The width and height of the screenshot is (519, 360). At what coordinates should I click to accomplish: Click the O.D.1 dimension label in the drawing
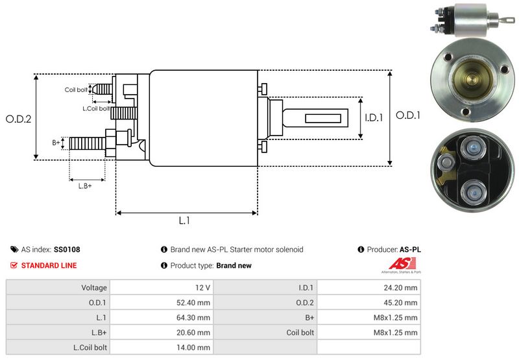coord(409,115)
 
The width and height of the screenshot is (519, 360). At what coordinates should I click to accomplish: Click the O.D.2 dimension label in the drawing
coord(18,119)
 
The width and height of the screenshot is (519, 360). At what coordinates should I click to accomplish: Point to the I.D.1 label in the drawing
coord(374,118)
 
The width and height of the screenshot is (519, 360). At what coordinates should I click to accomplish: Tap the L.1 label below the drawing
coord(184,221)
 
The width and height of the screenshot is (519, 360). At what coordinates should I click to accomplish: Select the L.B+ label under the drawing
coord(85,186)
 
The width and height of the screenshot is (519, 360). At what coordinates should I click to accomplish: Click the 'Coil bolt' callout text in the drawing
coord(76,90)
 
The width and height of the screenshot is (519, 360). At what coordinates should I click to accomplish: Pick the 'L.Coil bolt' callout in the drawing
coord(96,108)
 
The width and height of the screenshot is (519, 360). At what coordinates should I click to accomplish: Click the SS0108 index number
coord(67,249)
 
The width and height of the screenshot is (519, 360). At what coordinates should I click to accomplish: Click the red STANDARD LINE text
coord(49,265)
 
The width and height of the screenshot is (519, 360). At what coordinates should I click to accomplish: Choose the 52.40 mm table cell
coord(194,302)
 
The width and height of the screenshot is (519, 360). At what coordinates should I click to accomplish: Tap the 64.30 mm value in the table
coord(194,318)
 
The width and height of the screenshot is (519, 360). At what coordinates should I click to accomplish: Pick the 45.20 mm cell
coord(402,302)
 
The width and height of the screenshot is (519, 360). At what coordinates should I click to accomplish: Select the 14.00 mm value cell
coord(194,348)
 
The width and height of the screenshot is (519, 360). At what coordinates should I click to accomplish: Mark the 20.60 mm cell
coord(194,333)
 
